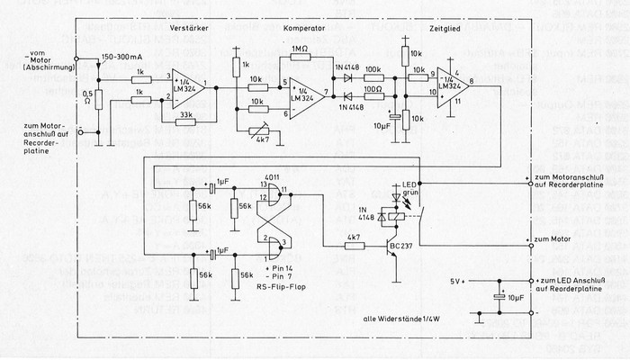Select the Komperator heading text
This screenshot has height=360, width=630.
(x=303, y=29)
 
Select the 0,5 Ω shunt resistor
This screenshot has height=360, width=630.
(x=98, y=96)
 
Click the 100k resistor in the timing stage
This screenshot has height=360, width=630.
(x=372, y=78)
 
